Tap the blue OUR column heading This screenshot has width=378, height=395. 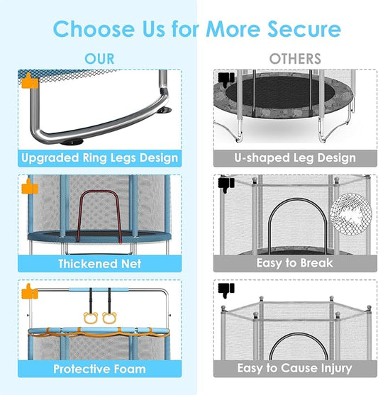[x=99, y=59]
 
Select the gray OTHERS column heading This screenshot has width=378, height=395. [x=295, y=59]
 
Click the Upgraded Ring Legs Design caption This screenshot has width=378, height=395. [x=99, y=157]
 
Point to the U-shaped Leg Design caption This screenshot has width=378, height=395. [x=295, y=157]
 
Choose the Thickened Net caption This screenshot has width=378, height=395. [x=99, y=264]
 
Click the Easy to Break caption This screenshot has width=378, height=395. [x=295, y=264]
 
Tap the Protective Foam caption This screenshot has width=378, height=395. [x=99, y=369]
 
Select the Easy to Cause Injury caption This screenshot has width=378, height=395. [x=295, y=369]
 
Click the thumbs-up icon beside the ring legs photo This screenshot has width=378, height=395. [x=29, y=82]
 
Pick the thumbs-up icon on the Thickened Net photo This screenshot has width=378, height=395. [x=29, y=187]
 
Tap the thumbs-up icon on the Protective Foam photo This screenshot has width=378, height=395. [x=29, y=291]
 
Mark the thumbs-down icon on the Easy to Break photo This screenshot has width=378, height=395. [x=226, y=186]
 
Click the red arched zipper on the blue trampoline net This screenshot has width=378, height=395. [x=99, y=213]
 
